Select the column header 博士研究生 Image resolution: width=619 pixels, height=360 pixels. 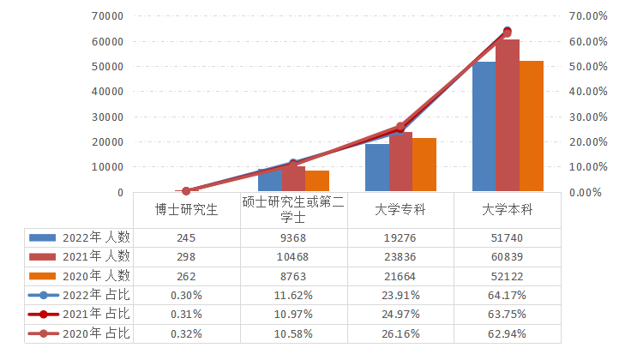pyautogui.click(x=186, y=208)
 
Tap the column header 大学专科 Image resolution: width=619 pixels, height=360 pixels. pyautogui.click(x=400, y=208)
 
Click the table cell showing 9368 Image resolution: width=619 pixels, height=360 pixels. pyautogui.click(x=293, y=237)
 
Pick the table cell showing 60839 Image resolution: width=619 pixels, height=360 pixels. pyautogui.click(x=508, y=256)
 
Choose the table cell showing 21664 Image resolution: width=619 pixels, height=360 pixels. pyautogui.click(x=400, y=276)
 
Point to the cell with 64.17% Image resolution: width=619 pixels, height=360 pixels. pyautogui.click(x=508, y=295)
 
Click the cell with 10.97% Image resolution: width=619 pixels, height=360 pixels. pyautogui.click(x=293, y=314)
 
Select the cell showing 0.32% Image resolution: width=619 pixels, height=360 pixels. pyautogui.click(x=186, y=333)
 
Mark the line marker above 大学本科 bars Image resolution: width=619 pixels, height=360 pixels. pyautogui.click(x=507, y=33)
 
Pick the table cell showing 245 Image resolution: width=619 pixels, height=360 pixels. pyautogui.click(x=186, y=237)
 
